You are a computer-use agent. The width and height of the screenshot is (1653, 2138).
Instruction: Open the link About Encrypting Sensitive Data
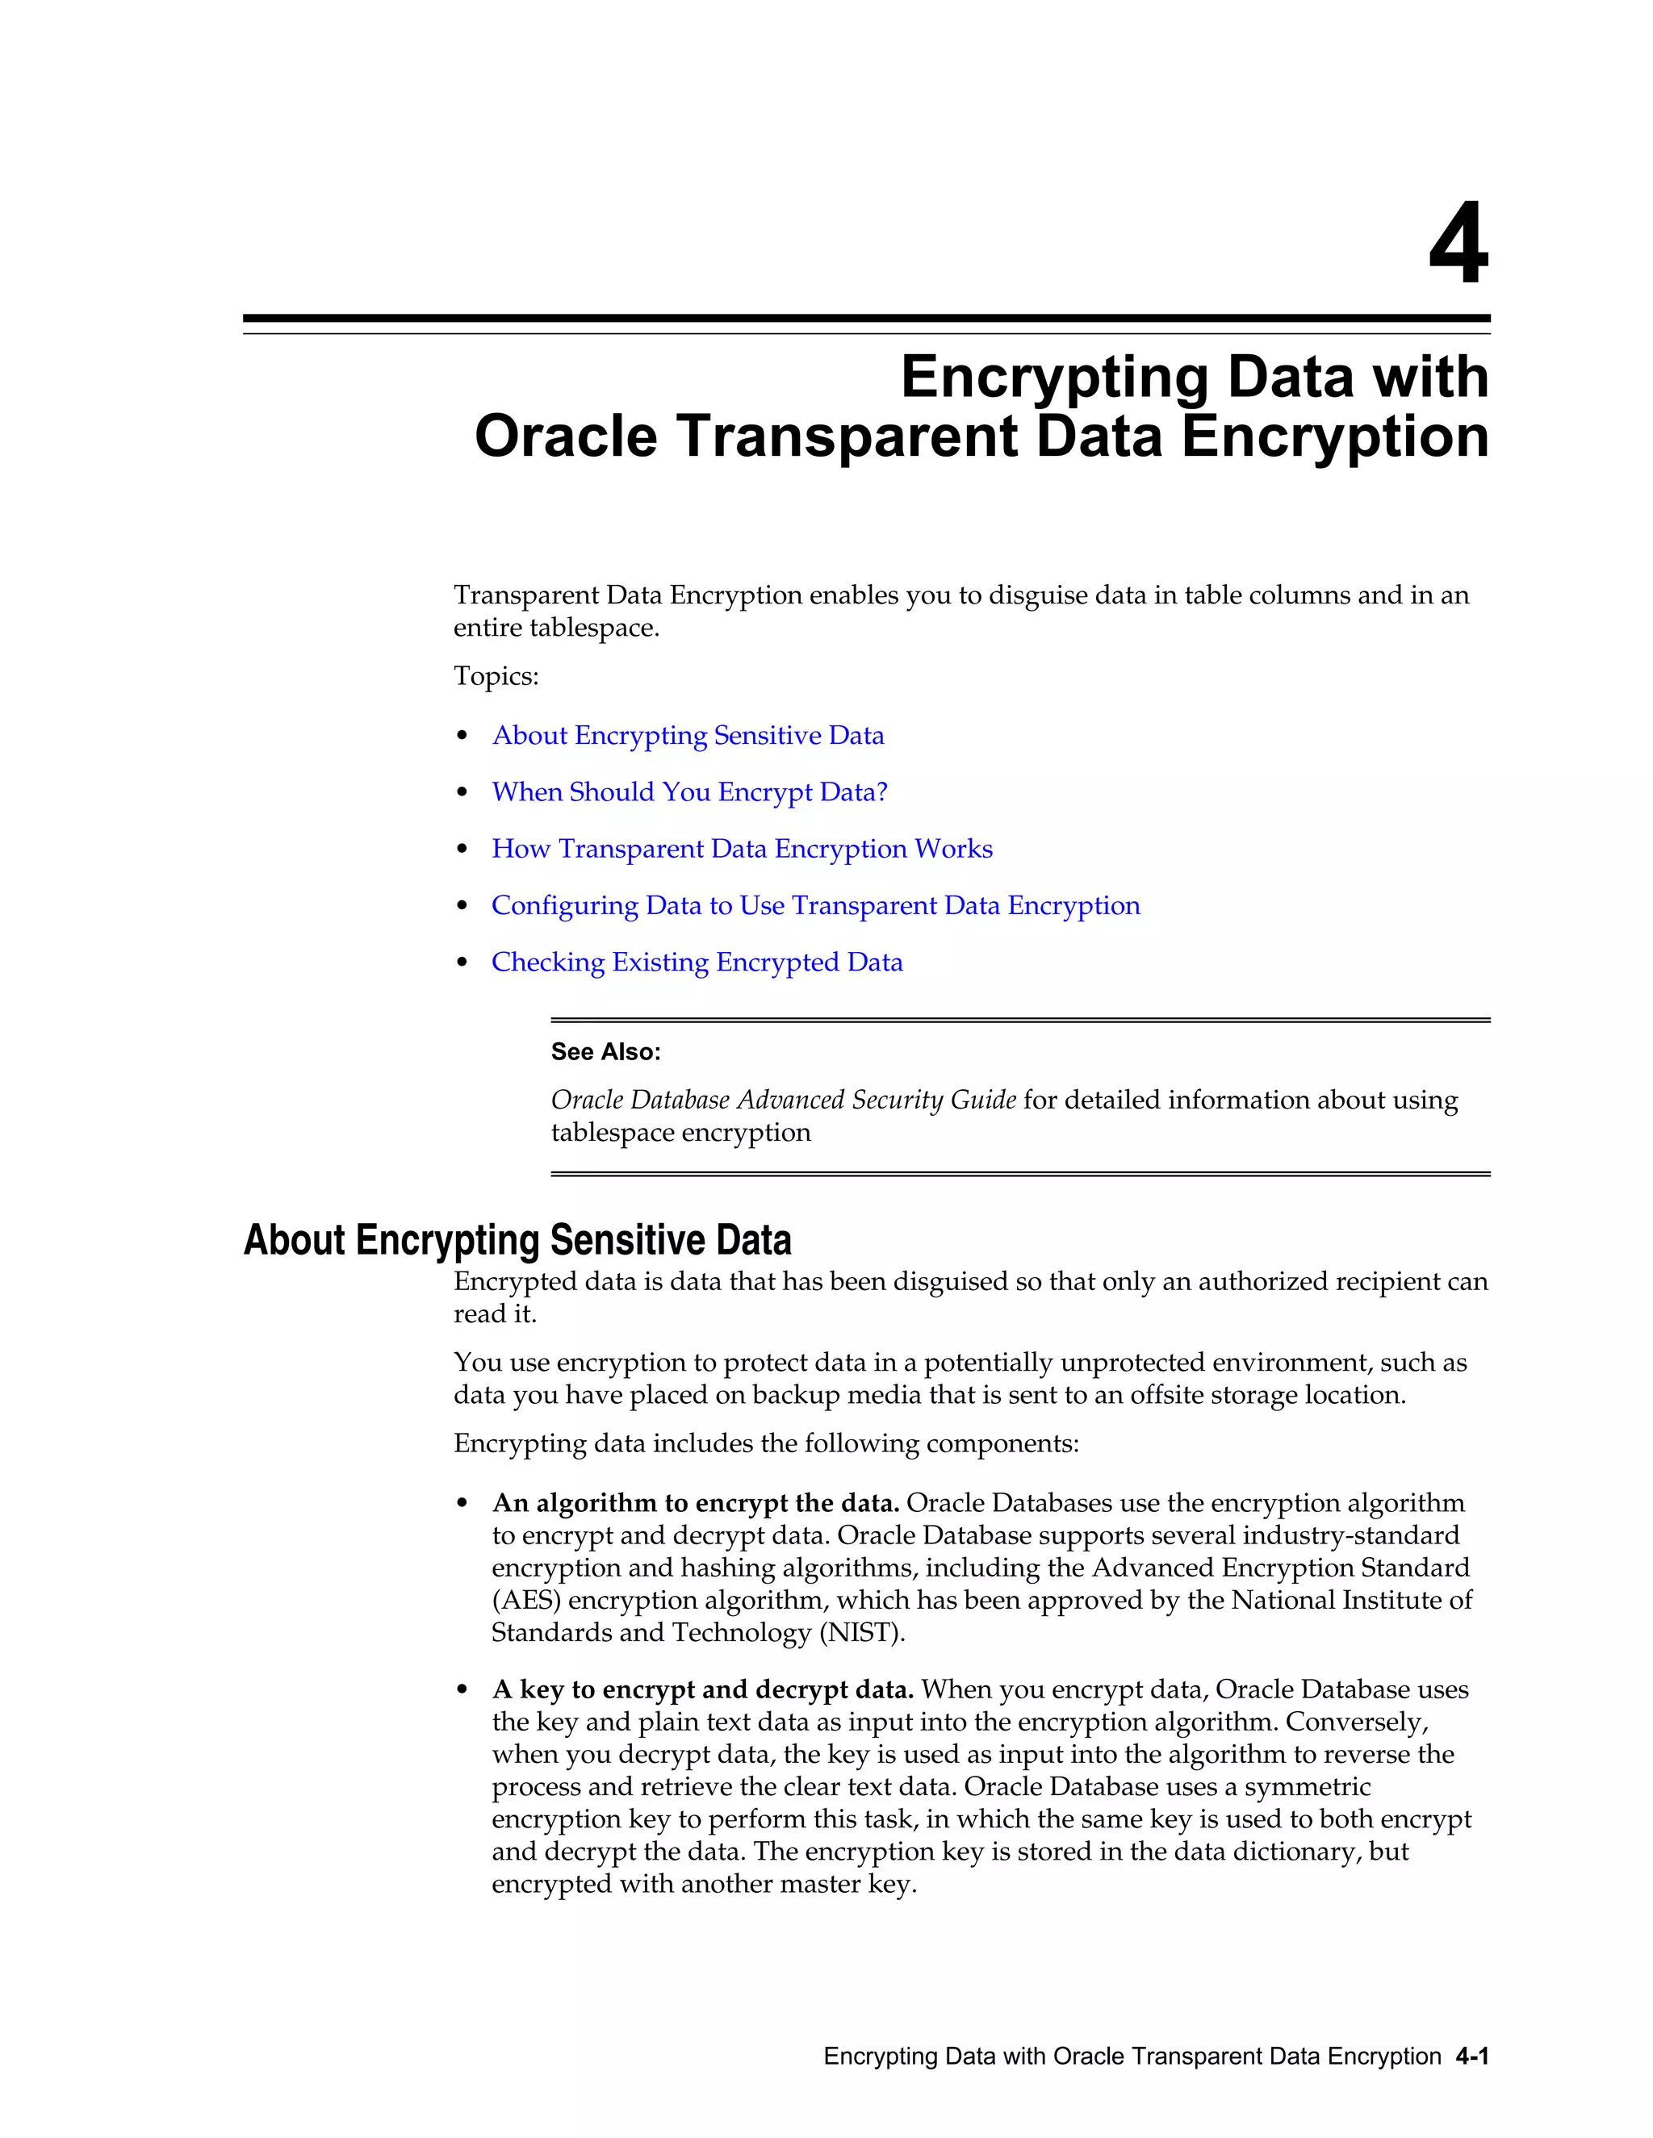[688, 735]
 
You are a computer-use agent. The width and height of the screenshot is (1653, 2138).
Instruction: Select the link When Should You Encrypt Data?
[689, 792]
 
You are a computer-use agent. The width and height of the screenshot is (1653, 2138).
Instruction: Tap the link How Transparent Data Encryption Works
[741, 849]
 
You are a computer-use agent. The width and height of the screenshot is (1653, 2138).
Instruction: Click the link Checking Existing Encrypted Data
[697, 963]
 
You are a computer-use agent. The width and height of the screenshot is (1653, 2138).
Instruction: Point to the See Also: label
[605, 1051]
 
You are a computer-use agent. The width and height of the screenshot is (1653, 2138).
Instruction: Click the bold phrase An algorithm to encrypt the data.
[695, 1503]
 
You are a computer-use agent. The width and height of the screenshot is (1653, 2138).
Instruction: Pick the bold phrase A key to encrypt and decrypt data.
[702, 1689]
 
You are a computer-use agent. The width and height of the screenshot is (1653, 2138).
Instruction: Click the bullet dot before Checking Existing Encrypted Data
[462, 963]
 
